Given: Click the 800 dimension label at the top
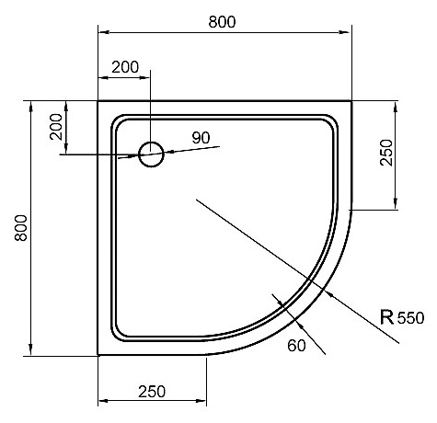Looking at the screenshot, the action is click(x=222, y=22).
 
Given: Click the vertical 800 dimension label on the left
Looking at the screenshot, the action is click(x=21, y=228).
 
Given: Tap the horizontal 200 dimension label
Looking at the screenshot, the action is click(x=125, y=67).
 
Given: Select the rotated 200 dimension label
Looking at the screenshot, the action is click(x=56, y=127).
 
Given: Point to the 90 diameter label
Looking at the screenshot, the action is click(x=201, y=138).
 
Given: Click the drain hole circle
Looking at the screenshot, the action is click(x=151, y=154).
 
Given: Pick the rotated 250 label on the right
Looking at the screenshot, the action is click(x=386, y=153).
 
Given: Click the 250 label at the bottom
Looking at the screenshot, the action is click(x=152, y=392).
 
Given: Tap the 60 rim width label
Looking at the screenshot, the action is click(x=296, y=346).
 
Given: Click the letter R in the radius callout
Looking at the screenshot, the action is click(x=386, y=317).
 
